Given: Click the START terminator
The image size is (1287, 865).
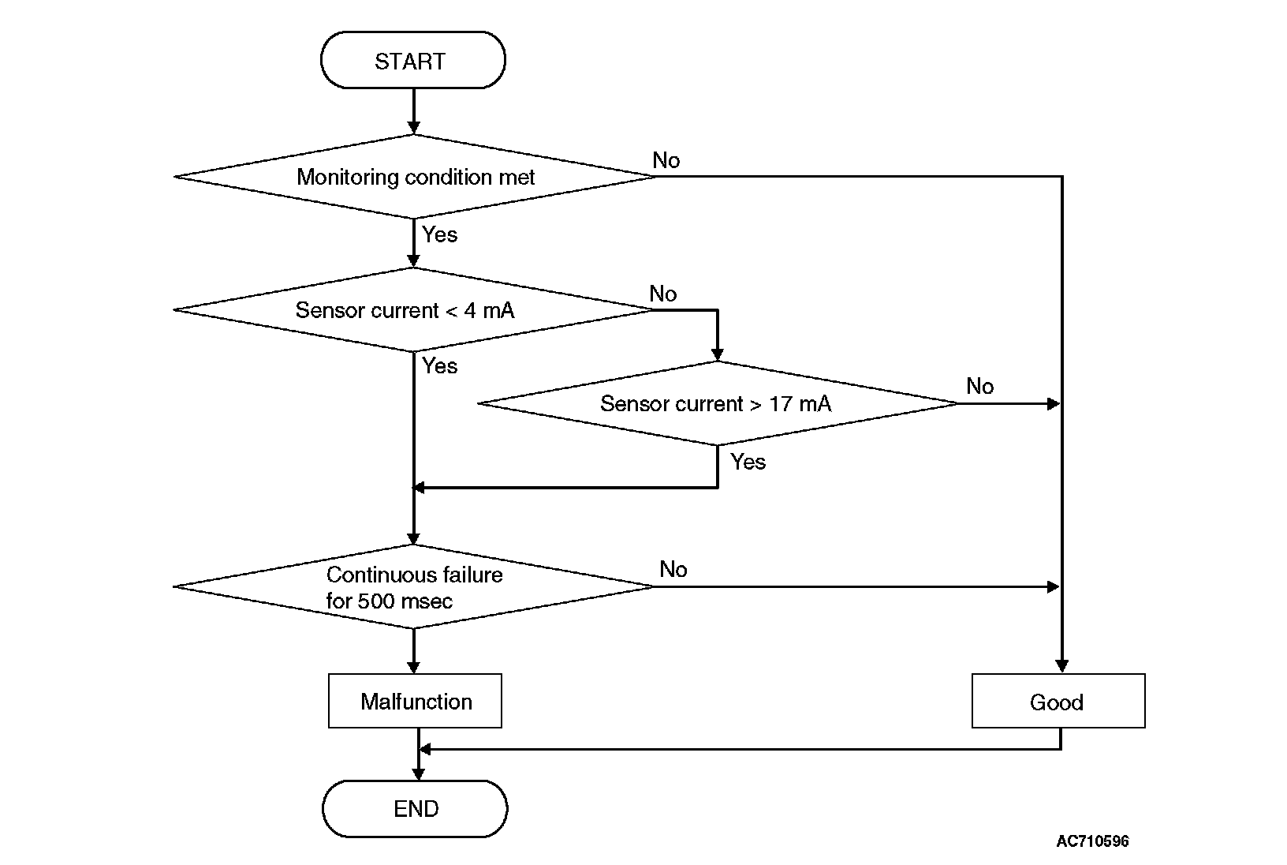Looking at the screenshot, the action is [413, 61].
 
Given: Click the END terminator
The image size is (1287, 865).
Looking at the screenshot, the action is [415, 808].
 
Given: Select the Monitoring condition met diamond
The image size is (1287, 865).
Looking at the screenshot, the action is [415, 177].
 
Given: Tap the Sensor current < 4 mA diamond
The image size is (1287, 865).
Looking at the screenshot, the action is [413, 310].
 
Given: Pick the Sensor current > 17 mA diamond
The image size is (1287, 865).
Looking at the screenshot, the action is [718, 403].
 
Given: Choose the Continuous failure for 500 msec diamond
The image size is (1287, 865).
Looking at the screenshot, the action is [413, 586].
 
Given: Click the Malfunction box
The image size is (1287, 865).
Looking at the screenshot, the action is [415, 701].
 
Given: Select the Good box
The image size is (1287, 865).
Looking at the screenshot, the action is [1058, 701].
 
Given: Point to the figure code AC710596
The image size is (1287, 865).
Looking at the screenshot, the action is [1092, 841].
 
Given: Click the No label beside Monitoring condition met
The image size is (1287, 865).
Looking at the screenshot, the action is [666, 160].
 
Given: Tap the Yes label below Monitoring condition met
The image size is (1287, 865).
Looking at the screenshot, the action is [439, 234].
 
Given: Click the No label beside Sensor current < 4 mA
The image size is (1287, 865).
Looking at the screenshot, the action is [663, 294].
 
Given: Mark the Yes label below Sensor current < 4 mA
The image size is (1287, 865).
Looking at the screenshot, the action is [439, 365].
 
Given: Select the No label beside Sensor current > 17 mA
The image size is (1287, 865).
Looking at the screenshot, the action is [980, 386].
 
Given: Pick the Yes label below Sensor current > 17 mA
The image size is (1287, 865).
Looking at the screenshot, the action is [748, 462].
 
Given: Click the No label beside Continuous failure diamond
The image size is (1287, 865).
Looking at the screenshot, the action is [673, 569].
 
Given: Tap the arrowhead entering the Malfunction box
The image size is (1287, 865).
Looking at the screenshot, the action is [414, 667].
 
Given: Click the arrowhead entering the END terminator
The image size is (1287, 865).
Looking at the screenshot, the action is [418, 773].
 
